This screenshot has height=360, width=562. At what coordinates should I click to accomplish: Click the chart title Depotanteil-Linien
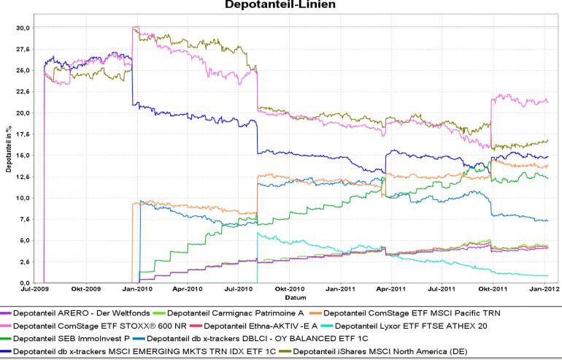(x=281, y=5)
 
